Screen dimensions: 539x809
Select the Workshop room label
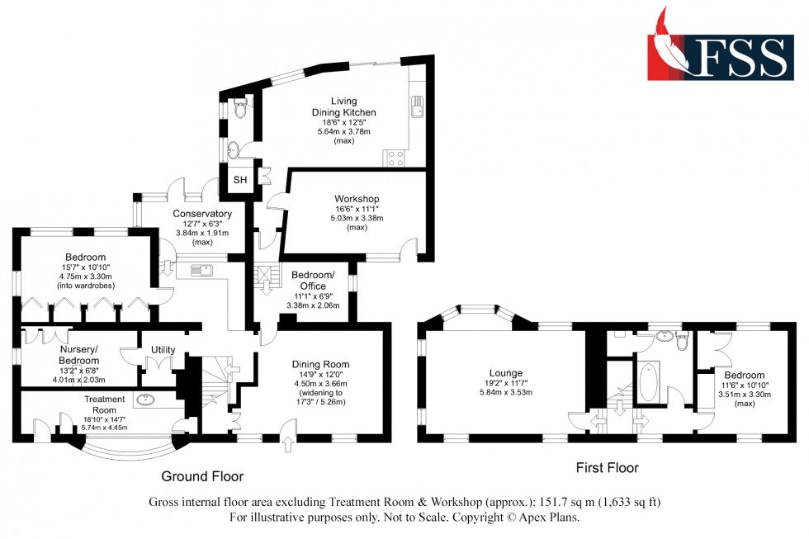coord(357,199)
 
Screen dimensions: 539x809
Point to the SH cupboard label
coord(240,180)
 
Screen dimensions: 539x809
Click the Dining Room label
coord(321,364)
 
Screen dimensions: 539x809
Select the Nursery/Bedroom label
coord(79,355)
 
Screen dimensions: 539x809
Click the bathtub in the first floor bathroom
coord(646,381)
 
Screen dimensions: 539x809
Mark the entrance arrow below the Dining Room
coord(287,447)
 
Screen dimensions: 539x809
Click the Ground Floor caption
coord(202,476)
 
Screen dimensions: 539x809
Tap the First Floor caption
coord(607,468)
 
